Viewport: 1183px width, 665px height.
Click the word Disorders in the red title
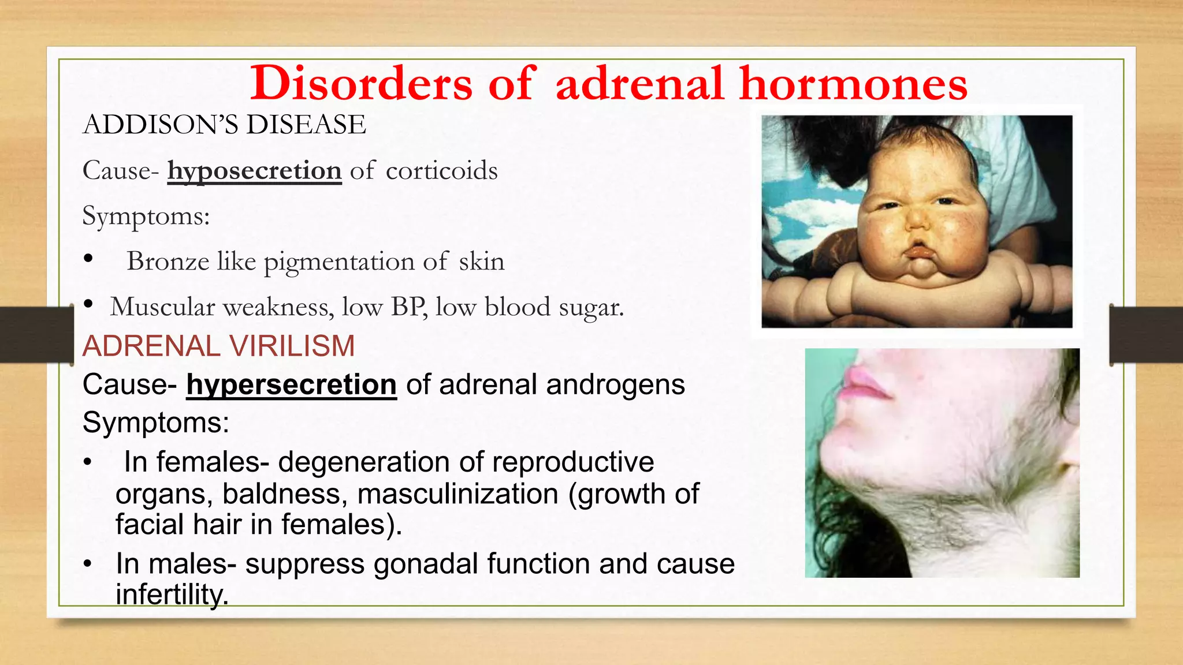tap(362, 84)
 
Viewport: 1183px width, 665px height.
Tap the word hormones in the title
tap(853, 84)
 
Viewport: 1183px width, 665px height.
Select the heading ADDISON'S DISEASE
tap(224, 125)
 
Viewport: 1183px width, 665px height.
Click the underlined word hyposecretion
tap(254, 171)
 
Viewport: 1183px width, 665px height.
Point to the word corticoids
tap(441, 171)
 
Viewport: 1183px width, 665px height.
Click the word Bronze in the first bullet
tap(168, 261)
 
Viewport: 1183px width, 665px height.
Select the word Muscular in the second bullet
tap(162, 307)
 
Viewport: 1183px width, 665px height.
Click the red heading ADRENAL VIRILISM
tap(218, 346)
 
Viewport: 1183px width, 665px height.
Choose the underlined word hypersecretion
tap(291, 385)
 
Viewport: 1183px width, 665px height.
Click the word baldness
tap(285, 494)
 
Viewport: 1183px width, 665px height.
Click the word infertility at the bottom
tap(172, 595)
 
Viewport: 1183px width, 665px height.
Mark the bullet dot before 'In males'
tap(87, 564)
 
